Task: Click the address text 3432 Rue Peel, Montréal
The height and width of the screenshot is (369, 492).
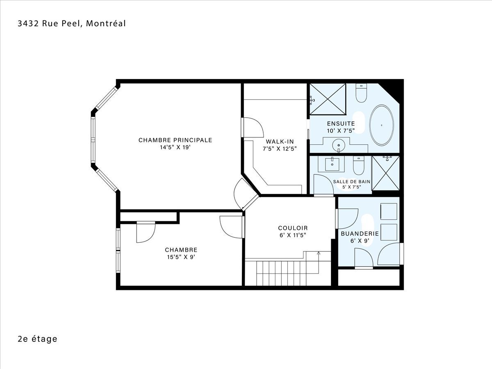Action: (x=72, y=23)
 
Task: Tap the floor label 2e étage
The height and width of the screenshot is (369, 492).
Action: (x=37, y=339)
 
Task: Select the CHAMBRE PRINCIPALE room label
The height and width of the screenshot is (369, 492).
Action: (x=175, y=140)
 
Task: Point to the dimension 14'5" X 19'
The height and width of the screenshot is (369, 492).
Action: (x=175, y=147)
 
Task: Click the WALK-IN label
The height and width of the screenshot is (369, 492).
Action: (x=280, y=141)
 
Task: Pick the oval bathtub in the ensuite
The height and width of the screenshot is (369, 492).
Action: (x=381, y=125)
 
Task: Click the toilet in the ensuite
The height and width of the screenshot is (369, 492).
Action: (x=361, y=93)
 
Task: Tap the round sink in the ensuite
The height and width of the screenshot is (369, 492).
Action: (x=339, y=146)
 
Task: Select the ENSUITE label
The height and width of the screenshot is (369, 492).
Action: (x=341, y=124)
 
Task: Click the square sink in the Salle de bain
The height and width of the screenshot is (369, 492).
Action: (x=332, y=164)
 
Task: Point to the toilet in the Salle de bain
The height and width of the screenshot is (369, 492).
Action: (x=358, y=165)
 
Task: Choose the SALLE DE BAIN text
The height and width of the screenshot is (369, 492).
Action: (x=352, y=182)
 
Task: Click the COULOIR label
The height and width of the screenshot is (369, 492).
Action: (x=293, y=228)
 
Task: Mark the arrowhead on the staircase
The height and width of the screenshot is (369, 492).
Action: (x=319, y=253)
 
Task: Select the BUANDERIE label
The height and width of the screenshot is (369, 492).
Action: (x=360, y=234)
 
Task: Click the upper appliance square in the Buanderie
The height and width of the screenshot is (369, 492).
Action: (x=389, y=212)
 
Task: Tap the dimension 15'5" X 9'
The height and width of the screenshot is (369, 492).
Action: (x=181, y=257)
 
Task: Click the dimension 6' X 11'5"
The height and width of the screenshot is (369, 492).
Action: (x=293, y=235)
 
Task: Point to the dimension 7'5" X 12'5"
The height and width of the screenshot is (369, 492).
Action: (x=280, y=149)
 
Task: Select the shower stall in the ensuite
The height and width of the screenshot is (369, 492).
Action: (x=328, y=99)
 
